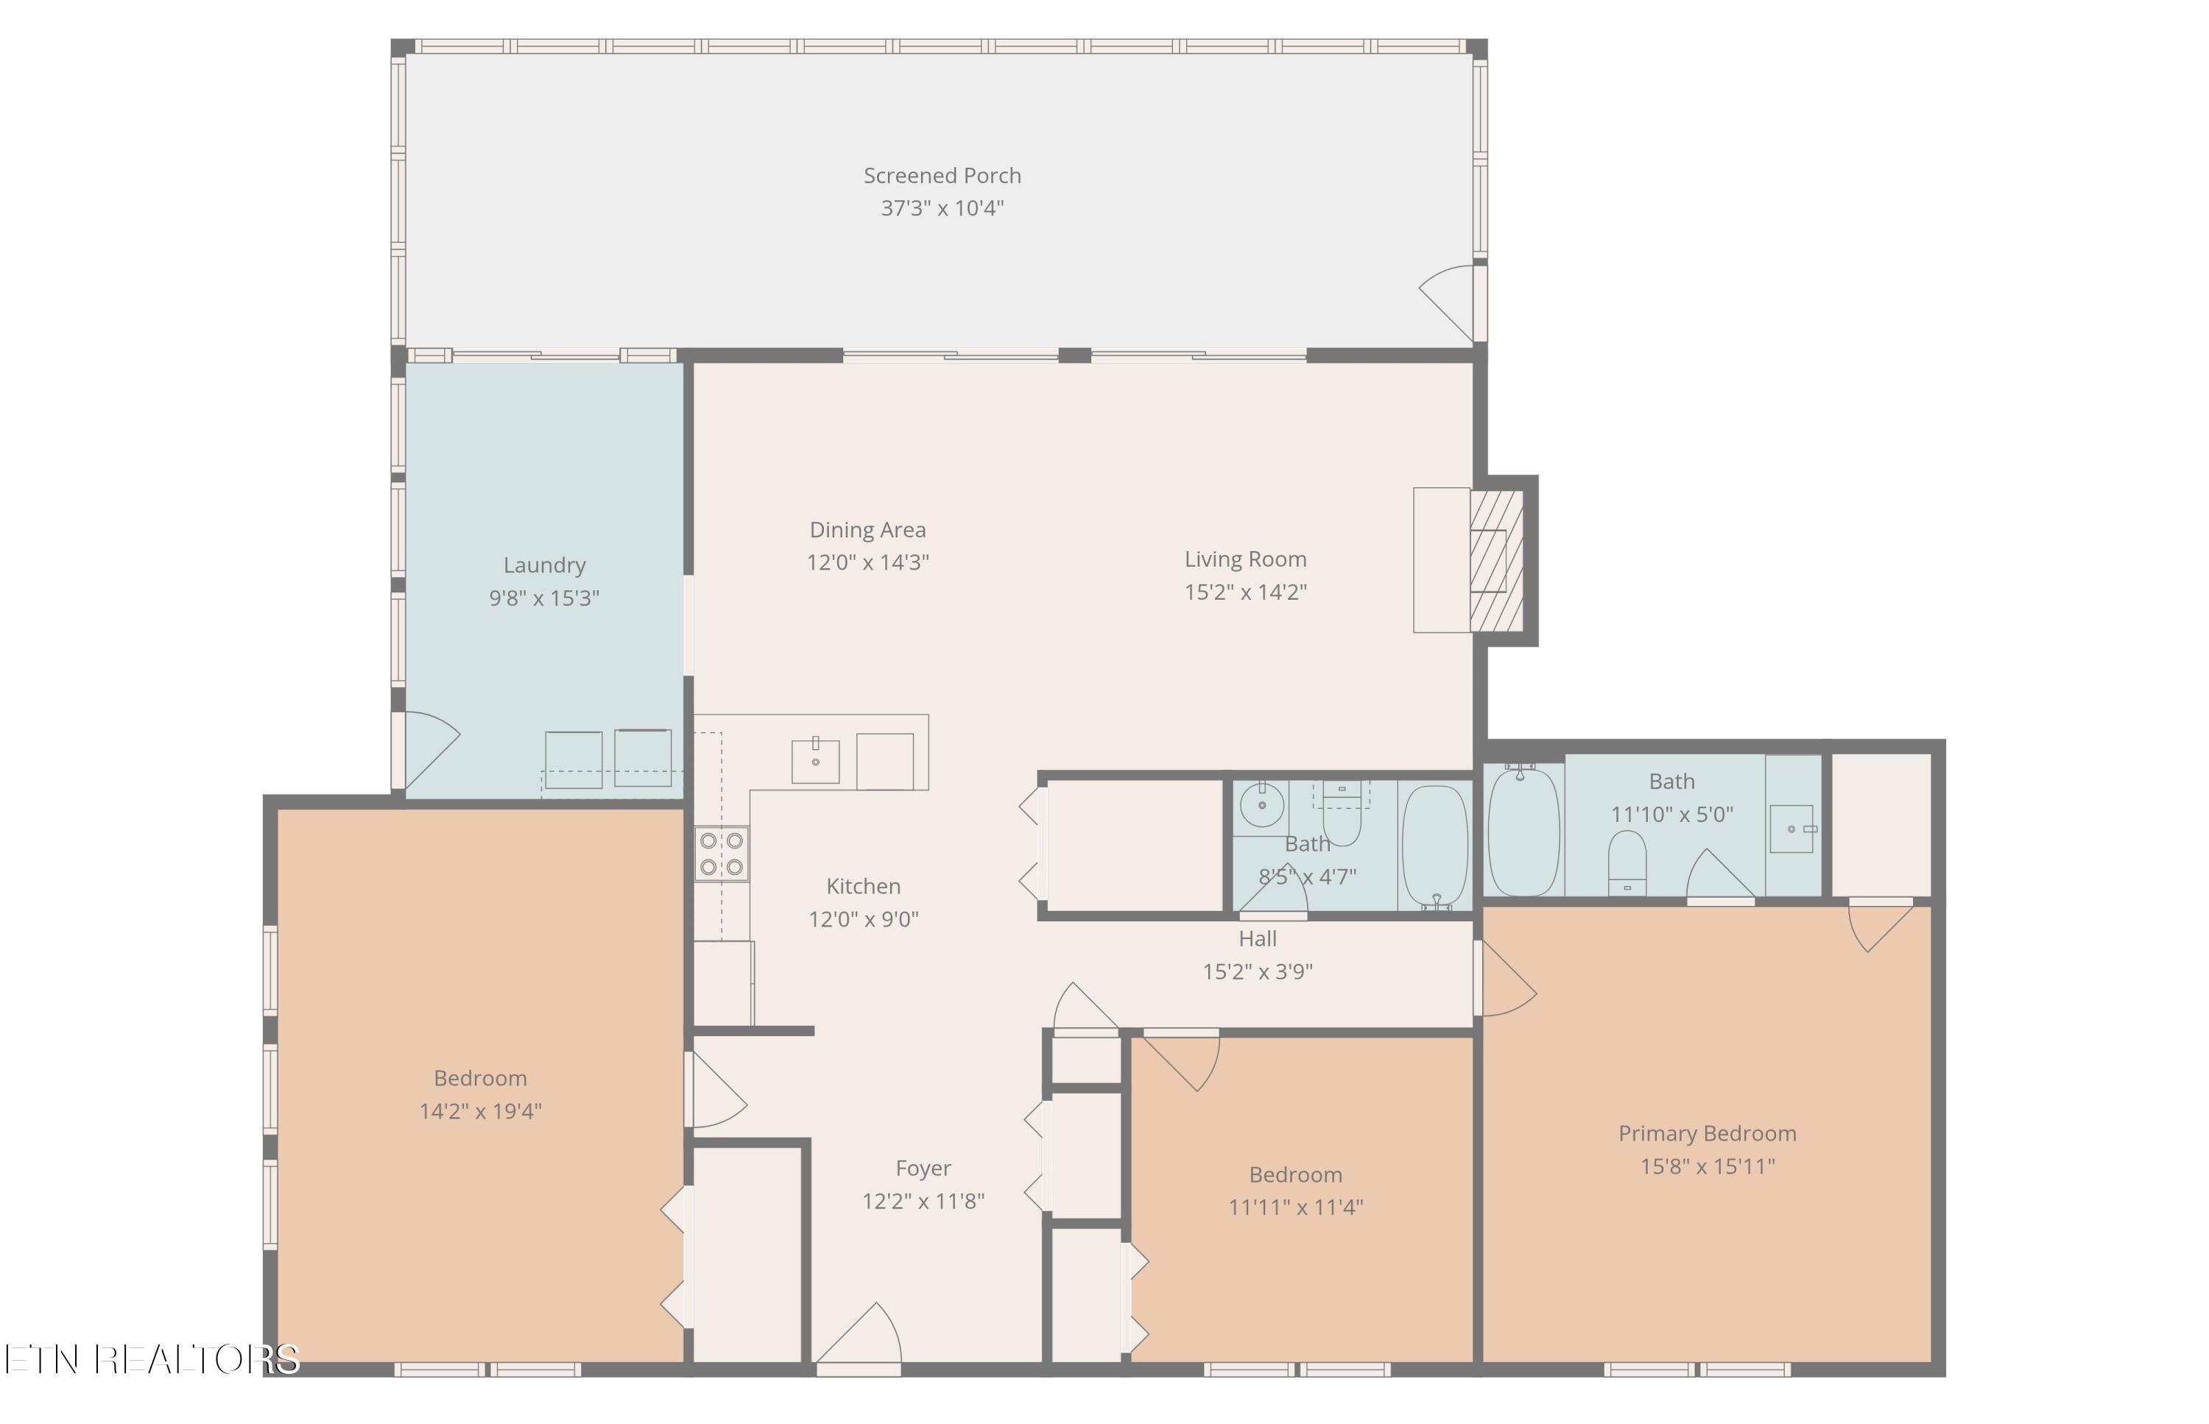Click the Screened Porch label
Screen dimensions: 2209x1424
[x=942, y=176]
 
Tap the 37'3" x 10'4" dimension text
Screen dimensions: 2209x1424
[x=942, y=208]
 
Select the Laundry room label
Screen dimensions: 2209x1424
[x=544, y=566]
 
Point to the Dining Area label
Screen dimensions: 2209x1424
[x=867, y=530]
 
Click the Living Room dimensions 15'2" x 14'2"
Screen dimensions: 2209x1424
[x=1245, y=592]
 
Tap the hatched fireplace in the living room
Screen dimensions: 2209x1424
[x=1495, y=560]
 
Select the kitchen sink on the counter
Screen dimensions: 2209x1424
[x=815, y=760]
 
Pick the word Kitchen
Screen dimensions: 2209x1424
[x=863, y=886]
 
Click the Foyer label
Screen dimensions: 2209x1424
[x=923, y=1169]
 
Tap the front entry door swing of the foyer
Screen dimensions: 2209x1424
[x=859, y=1333]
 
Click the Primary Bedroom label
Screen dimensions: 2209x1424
[x=1708, y=1133]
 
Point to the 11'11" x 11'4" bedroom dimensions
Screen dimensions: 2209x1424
[x=1295, y=1207]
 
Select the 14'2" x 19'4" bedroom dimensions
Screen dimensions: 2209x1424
[x=480, y=1110]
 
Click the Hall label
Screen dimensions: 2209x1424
[x=1257, y=938]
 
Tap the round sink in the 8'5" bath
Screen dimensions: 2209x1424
[x=1262, y=805]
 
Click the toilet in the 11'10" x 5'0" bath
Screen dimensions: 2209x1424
[x=1627, y=862]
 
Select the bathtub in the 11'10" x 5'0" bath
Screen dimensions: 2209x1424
[x=1523, y=830]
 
